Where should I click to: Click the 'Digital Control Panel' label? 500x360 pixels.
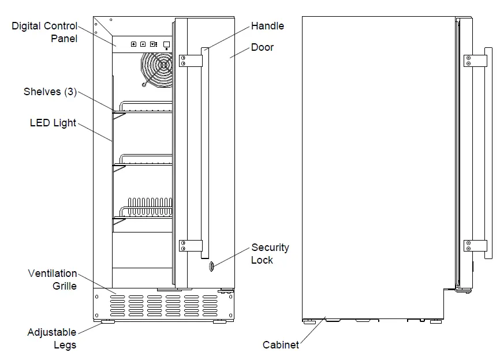[x=44, y=32]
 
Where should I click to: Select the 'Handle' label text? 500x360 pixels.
[x=267, y=26]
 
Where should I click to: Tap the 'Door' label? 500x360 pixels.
[x=262, y=47]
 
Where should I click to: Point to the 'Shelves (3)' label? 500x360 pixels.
[x=50, y=92]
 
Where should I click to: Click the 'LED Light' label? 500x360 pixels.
[x=53, y=123]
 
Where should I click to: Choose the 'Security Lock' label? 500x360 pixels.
[x=270, y=254]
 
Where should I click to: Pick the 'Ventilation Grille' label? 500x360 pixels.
[x=53, y=279]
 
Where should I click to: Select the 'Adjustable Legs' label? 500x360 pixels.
[x=52, y=339]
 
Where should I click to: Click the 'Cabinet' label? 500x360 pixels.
[x=281, y=345]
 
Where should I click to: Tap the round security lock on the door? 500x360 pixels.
[x=211, y=266]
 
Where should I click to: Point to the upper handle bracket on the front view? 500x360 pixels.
[x=191, y=61]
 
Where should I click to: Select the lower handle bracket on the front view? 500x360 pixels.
[x=191, y=246]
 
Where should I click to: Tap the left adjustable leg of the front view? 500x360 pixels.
[x=108, y=322]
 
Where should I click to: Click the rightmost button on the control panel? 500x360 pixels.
[x=167, y=44]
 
